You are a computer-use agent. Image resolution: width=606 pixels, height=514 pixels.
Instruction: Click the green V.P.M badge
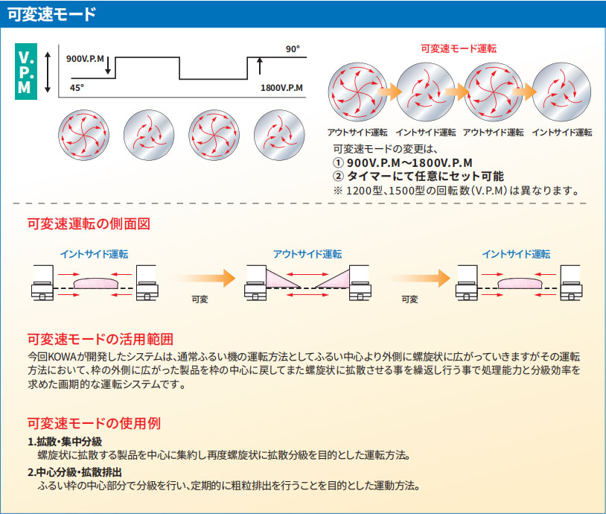[x=25, y=72]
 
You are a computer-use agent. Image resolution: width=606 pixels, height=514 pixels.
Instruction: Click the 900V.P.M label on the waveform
[x=86, y=58]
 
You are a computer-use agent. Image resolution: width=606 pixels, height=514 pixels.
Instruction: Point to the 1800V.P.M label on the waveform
[x=282, y=87]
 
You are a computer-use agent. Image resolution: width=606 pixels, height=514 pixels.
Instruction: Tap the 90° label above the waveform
[x=293, y=49]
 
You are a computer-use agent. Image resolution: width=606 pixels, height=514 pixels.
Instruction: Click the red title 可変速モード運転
[x=459, y=48]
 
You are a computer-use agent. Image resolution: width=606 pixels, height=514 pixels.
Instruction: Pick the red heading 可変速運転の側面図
[x=89, y=223]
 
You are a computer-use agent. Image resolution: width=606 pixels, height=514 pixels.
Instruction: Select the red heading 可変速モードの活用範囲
[x=100, y=339]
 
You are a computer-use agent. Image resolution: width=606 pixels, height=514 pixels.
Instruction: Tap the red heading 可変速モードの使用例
[x=94, y=423]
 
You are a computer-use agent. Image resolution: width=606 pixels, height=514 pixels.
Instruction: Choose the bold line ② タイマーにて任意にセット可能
[x=418, y=176]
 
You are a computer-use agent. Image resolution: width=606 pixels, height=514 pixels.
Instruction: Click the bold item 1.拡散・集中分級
[x=65, y=442]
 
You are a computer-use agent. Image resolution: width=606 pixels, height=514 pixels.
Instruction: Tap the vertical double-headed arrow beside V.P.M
[x=48, y=72]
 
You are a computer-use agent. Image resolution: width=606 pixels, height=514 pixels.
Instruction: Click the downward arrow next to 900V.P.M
[x=108, y=69]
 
